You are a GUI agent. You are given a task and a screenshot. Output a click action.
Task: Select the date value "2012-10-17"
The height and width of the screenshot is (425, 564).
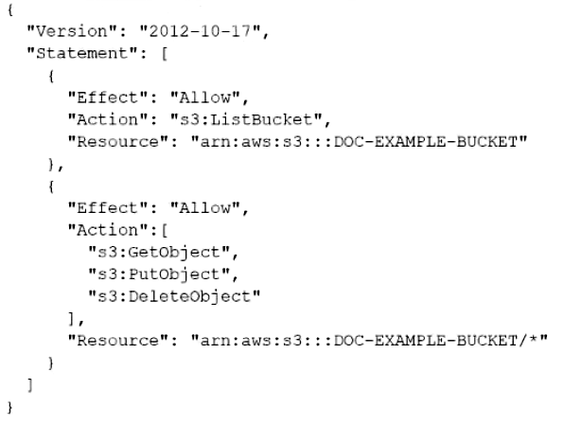pyautogui.click(x=200, y=31)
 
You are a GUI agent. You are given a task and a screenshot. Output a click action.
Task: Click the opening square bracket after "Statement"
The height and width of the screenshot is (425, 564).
pyautogui.click(x=164, y=54)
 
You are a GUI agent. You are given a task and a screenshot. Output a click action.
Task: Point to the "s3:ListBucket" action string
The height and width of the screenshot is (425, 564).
pyautogui.click(x=246, y=119)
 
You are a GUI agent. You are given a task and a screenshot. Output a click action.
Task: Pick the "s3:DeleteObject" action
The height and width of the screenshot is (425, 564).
pyautogui.click(x=174, y=297)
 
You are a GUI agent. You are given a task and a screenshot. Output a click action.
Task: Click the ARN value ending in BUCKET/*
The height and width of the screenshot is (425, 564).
pyautogui.click(x=369, y=341)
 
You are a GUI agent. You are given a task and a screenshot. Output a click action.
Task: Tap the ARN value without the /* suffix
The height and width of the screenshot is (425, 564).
pyautogui.click(x=359, y=142)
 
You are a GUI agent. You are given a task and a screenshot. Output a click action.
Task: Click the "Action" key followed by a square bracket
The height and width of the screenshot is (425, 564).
pyautogui.click(x=108, y=230)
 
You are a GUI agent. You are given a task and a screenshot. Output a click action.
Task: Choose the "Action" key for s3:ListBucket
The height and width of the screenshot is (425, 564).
pyautogui.click(x=108, y=119)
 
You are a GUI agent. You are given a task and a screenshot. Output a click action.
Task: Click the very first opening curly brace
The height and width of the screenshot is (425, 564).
pyautogui.click(x=10, y=9)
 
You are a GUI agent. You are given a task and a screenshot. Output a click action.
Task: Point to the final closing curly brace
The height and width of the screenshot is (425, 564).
pyautogui.click(x=10, y=407)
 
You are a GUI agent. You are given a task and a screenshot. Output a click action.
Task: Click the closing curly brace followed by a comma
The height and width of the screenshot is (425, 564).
pyautogui.click(x=51, y=164)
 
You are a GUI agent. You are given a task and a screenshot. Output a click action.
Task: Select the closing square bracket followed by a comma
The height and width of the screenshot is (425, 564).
pyautogui.click(x=71, y=319)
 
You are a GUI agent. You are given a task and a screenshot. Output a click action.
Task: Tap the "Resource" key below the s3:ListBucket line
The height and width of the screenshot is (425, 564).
pyautogui.click(x=118, y=142)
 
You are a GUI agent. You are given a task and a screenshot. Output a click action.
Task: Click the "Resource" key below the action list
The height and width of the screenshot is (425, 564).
pyautogui.click(x=118, y=341)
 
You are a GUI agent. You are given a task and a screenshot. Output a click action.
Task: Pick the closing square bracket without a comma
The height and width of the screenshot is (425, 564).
pyautogui.click(x=30, y=385)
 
